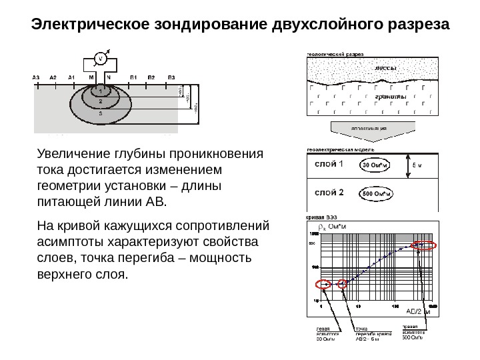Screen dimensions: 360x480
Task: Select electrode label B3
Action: [x=171, y=77]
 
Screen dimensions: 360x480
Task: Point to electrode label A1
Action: [x=71, y=77]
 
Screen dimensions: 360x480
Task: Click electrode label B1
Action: [x=133, y=77]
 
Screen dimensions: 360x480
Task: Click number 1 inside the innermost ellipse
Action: [x=101, y=93]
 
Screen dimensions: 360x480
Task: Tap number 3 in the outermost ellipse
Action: [x=101, y=113]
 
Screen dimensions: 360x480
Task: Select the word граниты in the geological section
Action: [x=386, y=97]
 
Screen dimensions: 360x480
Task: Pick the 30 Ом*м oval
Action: [x=377, y=165]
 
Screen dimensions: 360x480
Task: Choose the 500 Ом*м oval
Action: [x=377, y=194]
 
